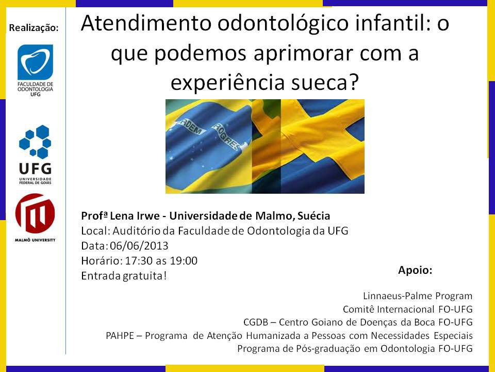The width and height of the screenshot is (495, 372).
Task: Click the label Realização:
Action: coord(34,28)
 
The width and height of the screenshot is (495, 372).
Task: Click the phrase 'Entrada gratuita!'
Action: coord(124,276)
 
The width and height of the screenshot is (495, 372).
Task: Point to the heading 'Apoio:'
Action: coord(415,270)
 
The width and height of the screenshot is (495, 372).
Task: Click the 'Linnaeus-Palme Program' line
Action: coord(418,296)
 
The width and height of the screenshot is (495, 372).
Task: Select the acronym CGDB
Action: coord(256,322)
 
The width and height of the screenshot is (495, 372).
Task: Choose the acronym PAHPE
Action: coord(120,335)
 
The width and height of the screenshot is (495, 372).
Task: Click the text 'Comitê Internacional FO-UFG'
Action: coord(407,309)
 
